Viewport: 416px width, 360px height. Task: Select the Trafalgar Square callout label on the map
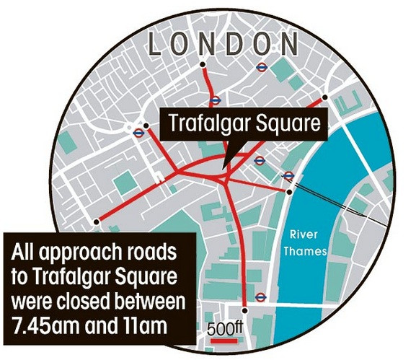244,123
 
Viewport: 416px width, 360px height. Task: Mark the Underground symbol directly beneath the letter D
260,69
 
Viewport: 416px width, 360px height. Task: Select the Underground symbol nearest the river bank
288,175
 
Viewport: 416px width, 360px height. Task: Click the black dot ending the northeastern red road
325,97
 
